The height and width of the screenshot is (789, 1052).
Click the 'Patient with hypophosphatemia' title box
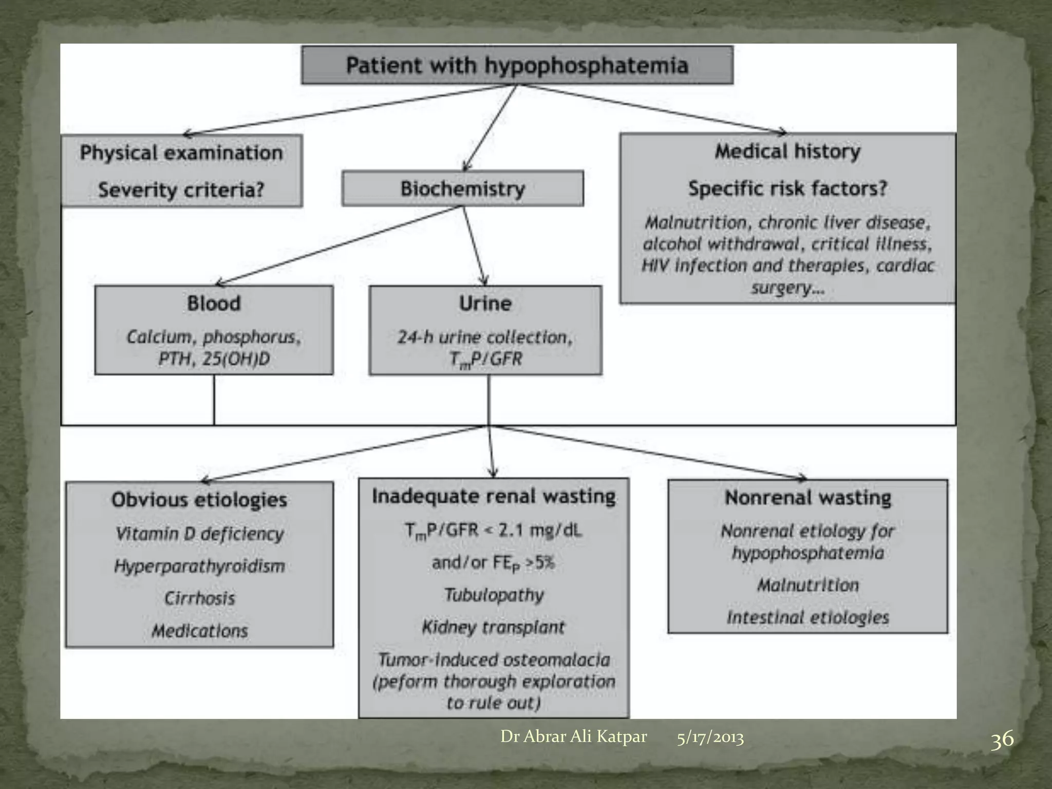[x=517, y=65]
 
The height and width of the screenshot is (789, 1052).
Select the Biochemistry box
[x=462, y=189]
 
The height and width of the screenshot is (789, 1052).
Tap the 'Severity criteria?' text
[x=181, y=190]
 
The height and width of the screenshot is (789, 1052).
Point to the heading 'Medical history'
[x=787, y=151]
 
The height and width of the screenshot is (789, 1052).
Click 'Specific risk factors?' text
[x=787, y=189]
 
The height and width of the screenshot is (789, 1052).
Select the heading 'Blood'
[x=214, y=303]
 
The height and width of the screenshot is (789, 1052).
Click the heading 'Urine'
[x=485, y=303]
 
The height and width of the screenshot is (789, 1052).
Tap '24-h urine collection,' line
[x=485, y=337]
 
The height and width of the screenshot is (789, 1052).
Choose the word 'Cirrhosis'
[x=199, y=598]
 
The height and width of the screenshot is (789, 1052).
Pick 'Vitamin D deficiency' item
[x=199, y=534]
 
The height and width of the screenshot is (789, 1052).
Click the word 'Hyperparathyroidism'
[x=199, y=566]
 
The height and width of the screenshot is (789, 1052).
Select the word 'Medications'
[x=199, y=631]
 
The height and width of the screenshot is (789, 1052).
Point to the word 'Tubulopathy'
[x=494, y=595]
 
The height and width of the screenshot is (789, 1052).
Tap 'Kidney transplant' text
[x=494, y=627]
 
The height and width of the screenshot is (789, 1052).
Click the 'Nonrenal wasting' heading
[x=807, y=498]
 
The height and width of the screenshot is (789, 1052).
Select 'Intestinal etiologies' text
[x=807, y=617]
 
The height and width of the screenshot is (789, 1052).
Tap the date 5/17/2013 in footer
[x=710, y=738]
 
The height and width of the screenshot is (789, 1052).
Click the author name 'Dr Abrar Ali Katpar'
[x=573, y=737]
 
